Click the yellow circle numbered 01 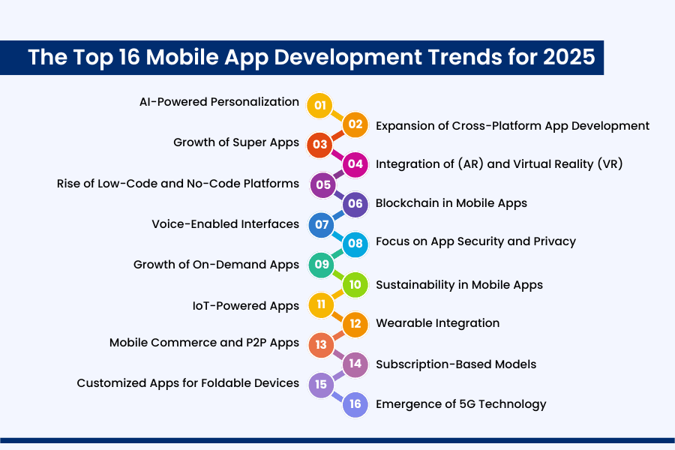(320, 105)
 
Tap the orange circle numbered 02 (355, 124)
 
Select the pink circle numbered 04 (355, 163)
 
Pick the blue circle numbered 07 (320, 224)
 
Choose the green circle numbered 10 (355, 285)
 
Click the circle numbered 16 (355, 404)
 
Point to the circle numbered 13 (320, 344)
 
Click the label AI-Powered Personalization (219, 102)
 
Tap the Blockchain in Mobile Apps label (451, 203)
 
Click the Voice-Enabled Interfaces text (225, 224)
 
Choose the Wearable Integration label (437, 323)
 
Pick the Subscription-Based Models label (456, 364)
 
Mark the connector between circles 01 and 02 (337, 115)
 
